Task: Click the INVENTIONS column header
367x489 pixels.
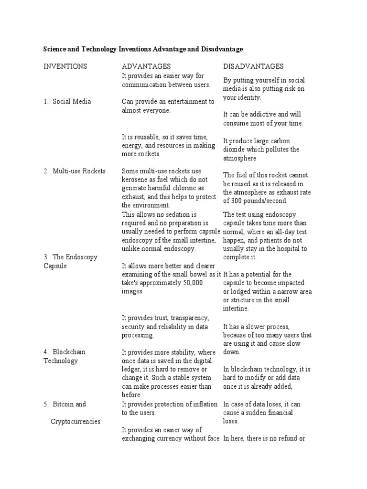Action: tap(65, 66)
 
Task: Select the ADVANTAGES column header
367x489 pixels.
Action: tap(146, 66)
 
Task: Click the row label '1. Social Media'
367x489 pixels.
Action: tap(67, 101)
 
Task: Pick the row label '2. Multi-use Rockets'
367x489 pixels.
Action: tap(75, 171)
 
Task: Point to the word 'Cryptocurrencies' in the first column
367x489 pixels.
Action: tap(76, 422)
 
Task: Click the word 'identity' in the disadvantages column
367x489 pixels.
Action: tap(249, 97)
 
